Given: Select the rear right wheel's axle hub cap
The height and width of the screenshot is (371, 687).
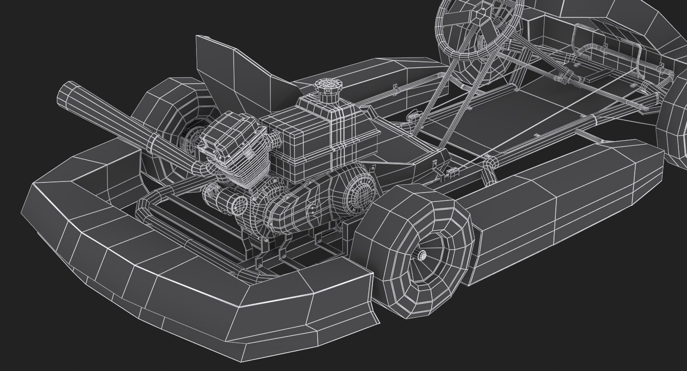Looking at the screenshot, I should click(422, 254).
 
